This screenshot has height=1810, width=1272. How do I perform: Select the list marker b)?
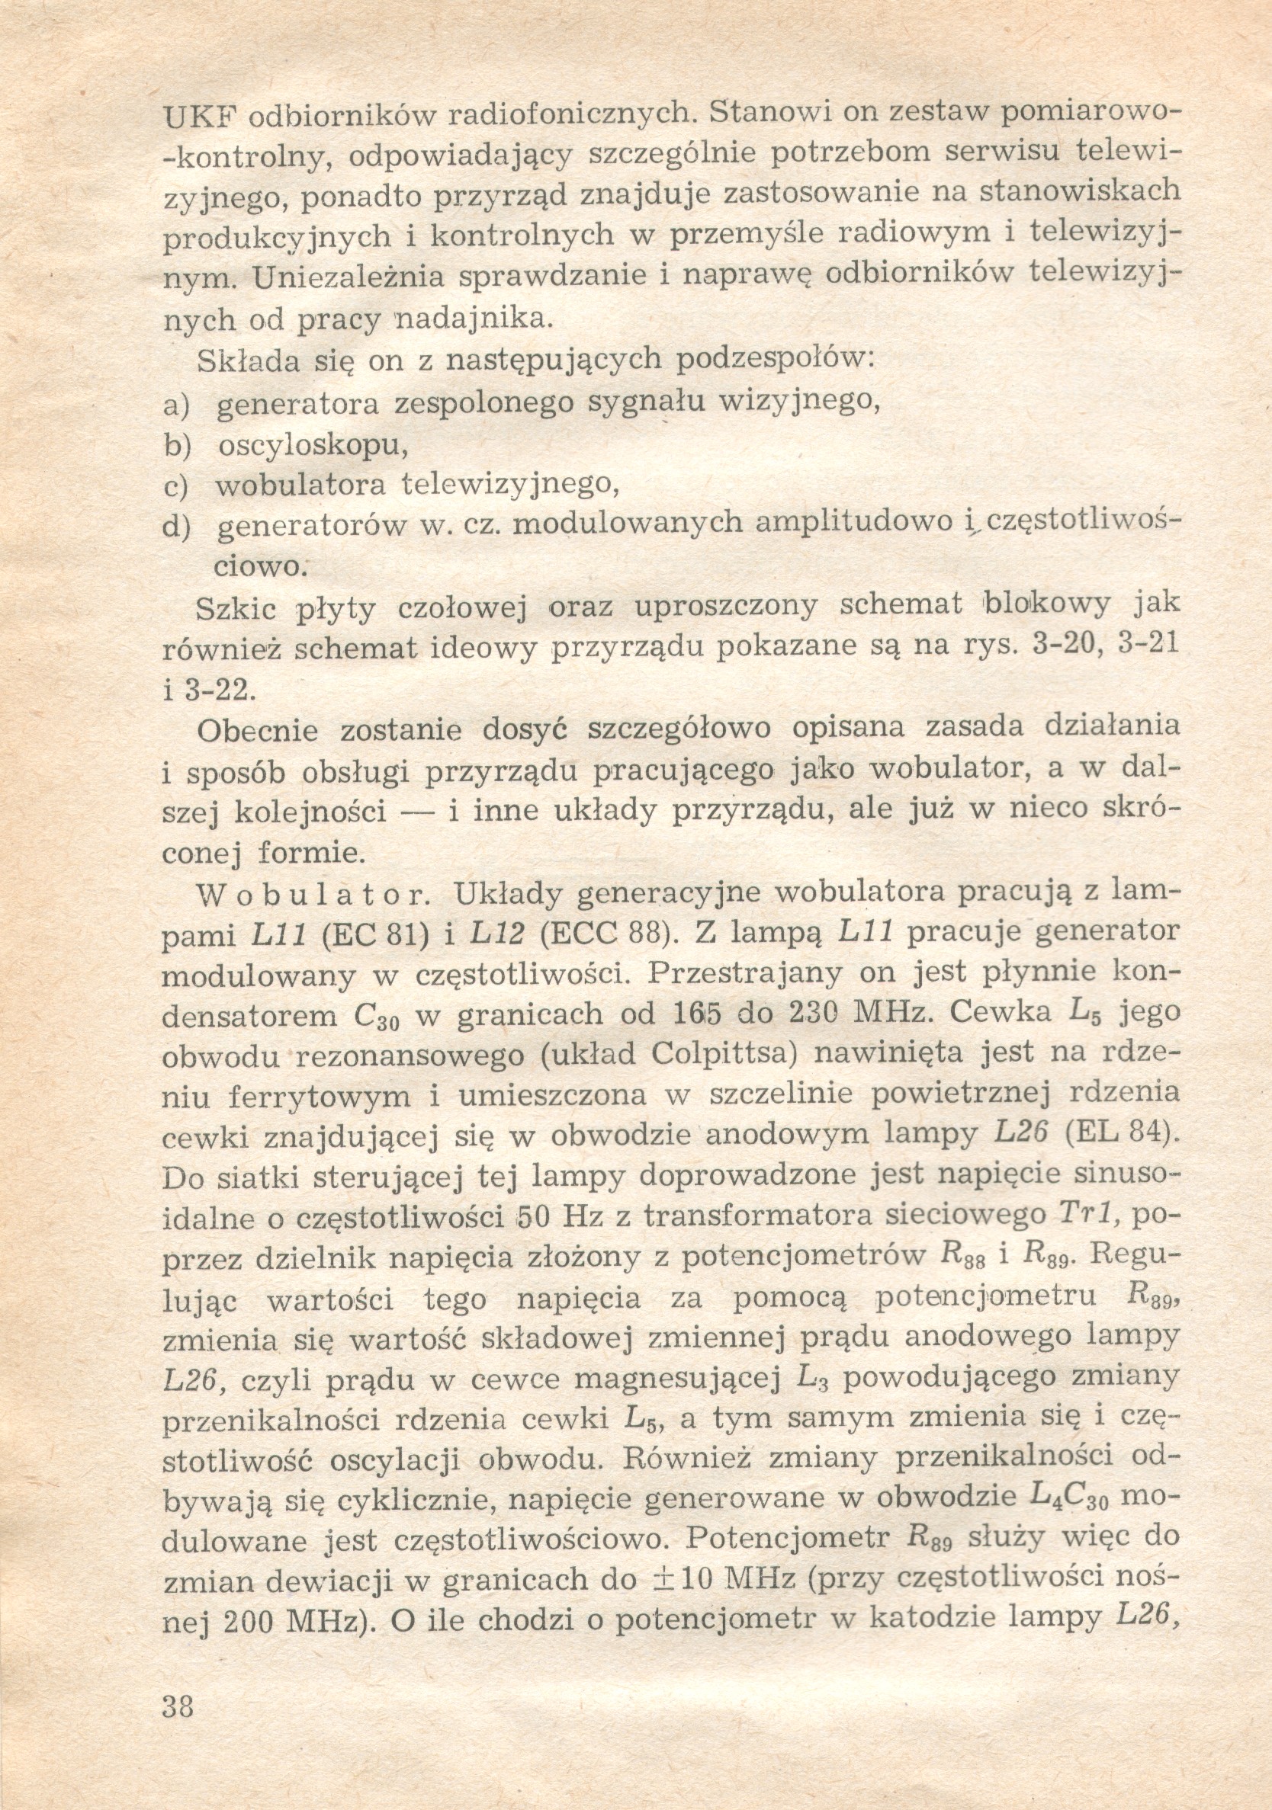click(x=178, y=447)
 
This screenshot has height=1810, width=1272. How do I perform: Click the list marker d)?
click(x=178, y=526)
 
